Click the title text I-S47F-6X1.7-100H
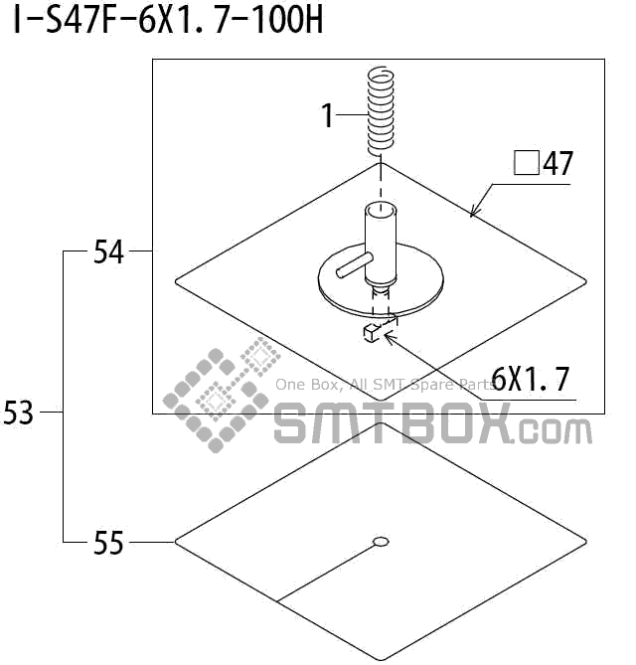tap(168, 20)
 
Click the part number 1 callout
tap(327, 115)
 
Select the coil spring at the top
tap(381, 110)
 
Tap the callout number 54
tap(108, 251)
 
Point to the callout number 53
tap(18, 413)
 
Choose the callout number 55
tap(108, 543)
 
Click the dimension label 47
tap(557, 163)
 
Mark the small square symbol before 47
tap(526, 163)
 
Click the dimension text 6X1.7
tap(530, 379)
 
